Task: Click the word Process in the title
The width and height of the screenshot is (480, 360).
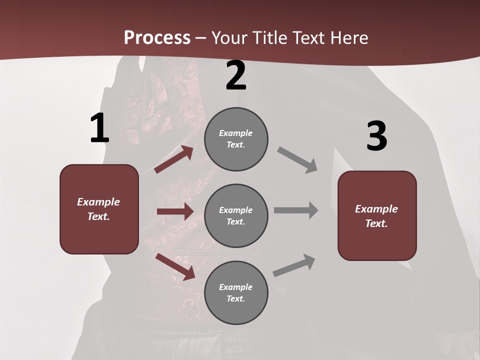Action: [157, 38]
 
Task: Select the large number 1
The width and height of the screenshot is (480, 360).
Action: [99, 128]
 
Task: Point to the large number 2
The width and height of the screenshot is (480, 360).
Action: [236, 75]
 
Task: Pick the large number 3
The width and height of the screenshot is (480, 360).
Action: [376, 136]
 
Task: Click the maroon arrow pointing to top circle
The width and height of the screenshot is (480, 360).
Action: [173, 159]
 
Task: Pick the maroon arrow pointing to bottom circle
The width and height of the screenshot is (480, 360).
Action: [175, 266]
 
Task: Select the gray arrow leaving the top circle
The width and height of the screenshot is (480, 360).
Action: [297, 160]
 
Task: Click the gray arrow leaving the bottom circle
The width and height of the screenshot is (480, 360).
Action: [294, 265]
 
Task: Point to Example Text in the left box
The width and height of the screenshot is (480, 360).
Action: [98, 209]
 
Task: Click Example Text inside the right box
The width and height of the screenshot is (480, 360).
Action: [376, 216]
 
